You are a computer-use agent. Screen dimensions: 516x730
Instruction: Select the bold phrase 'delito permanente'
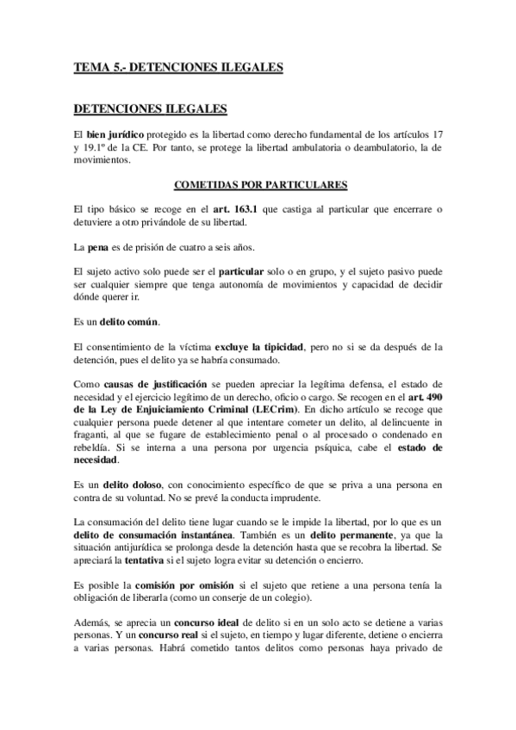(x=342, y=533)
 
